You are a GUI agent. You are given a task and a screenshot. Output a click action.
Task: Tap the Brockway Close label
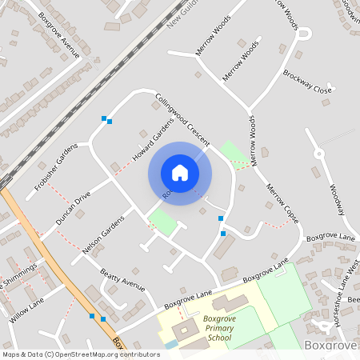click(306, 81)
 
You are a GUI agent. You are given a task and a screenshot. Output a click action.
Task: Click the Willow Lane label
click(27, 307)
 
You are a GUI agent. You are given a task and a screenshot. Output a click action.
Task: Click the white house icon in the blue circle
click(179, 173)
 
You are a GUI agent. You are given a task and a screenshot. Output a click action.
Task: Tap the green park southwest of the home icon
click(162, 221)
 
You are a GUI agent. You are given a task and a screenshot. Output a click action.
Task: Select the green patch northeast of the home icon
click(234, 152)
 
